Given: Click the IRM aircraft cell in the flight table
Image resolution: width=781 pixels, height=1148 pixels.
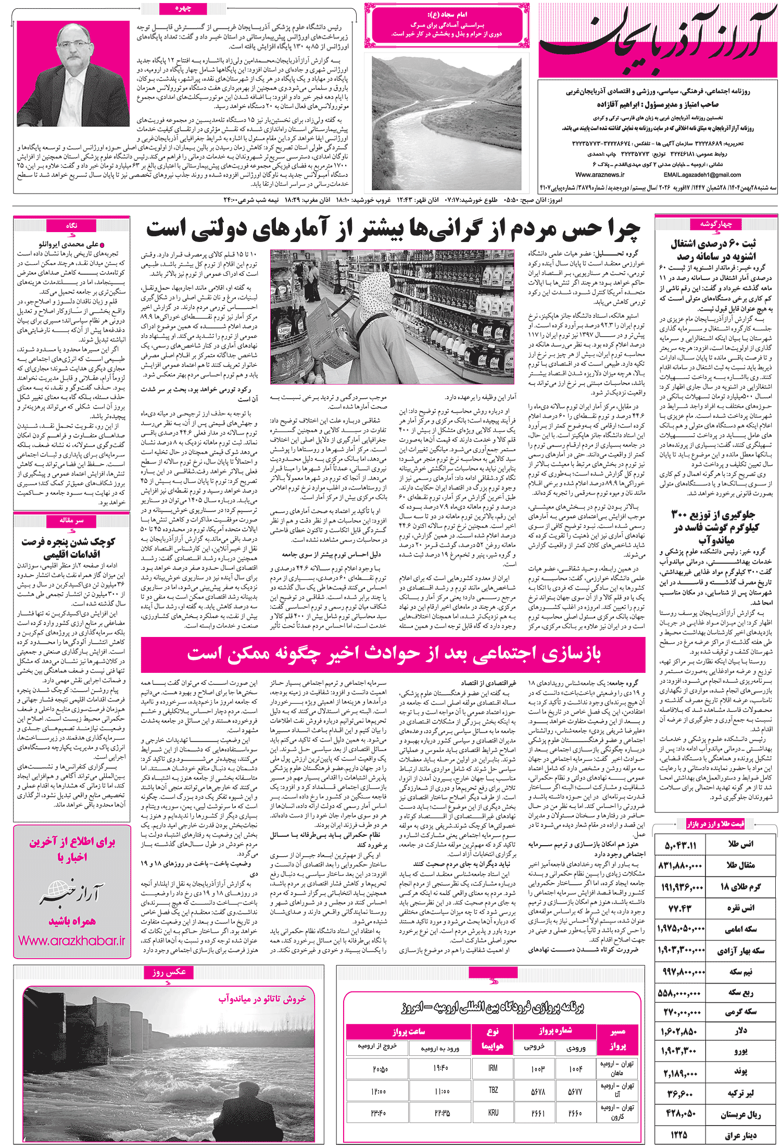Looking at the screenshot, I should point(493,1067).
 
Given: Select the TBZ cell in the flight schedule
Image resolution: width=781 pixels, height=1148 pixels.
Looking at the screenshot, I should point(493,1090).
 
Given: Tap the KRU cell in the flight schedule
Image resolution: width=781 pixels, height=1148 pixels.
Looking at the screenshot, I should point(493,1112).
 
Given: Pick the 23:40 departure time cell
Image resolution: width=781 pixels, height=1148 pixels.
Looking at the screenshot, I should point(379,1113).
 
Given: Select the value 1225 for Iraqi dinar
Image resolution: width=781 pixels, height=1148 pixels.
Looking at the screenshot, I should point(679,1135).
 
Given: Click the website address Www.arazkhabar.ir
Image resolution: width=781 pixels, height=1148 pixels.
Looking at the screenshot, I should point(71,940).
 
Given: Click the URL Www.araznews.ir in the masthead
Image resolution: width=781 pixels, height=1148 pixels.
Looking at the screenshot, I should point(600,175).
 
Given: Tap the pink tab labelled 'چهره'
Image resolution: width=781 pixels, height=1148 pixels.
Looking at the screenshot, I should point(183,9).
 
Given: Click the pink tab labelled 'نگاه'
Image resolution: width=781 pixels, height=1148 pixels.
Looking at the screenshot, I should point(71,225).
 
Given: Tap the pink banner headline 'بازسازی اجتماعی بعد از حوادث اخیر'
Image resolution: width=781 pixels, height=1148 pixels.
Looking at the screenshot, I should point(393,654).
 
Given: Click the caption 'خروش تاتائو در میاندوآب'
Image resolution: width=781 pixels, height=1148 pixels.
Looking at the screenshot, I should point(262,998).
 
